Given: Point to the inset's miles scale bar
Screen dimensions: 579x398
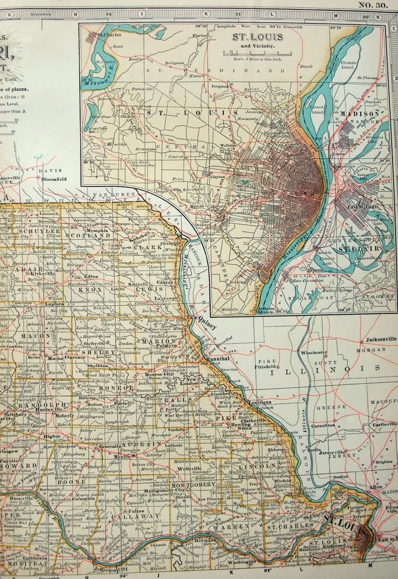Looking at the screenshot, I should click(x=259, y=53).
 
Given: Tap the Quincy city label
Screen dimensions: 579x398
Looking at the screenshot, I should click(x=208, y=325).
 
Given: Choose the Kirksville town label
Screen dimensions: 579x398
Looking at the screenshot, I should click(x=43, y=274).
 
